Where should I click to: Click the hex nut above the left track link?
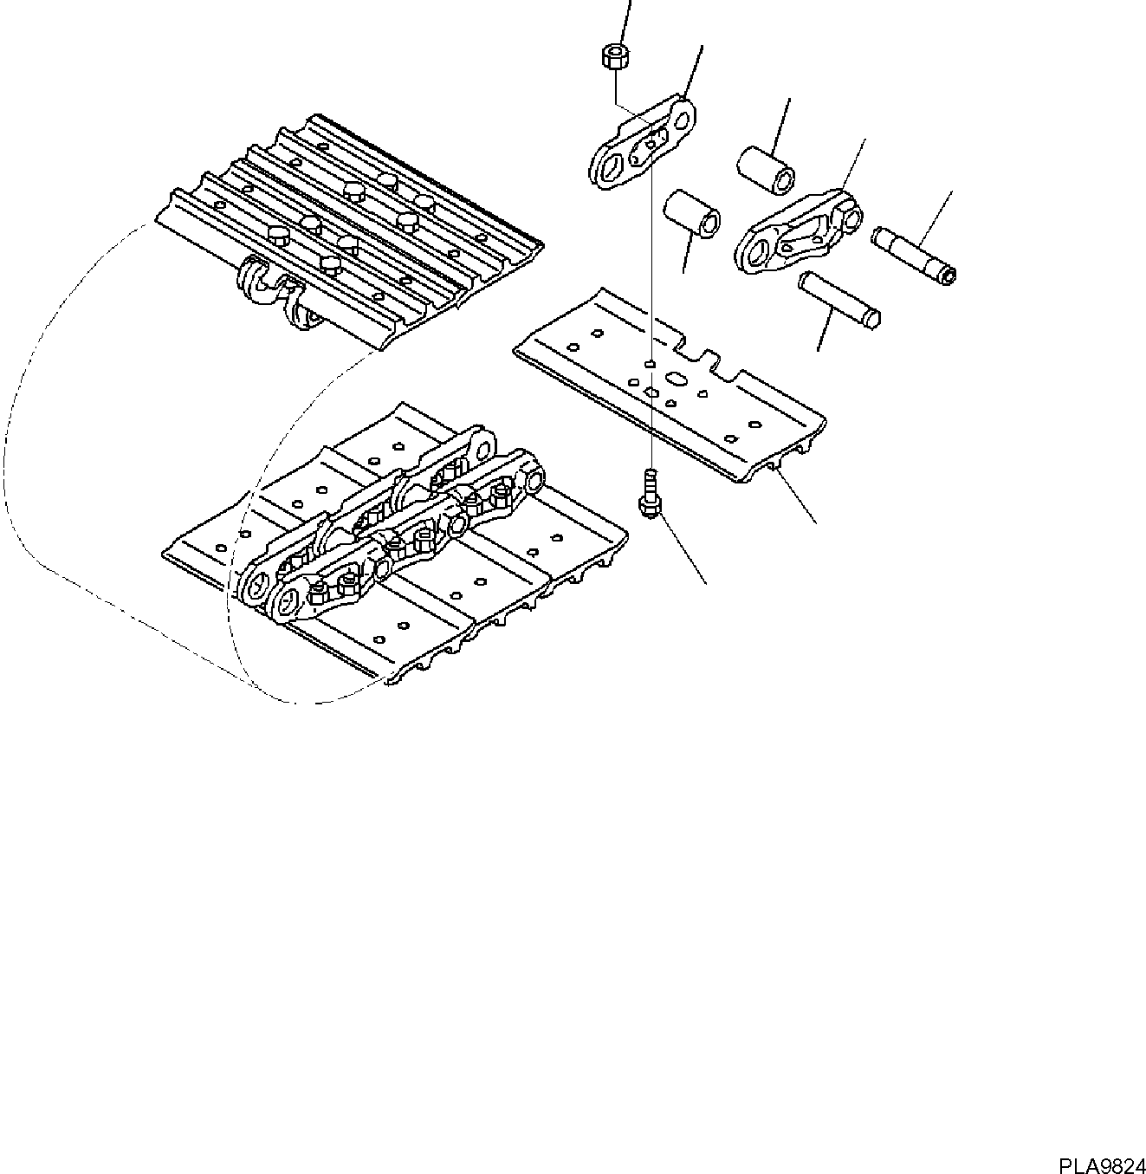point(614,57)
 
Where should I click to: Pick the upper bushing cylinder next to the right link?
point(767,168)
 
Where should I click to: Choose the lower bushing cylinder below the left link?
point(692,214)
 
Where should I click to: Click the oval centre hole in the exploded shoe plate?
point(674,378)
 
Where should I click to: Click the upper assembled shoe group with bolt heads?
point(351,225)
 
